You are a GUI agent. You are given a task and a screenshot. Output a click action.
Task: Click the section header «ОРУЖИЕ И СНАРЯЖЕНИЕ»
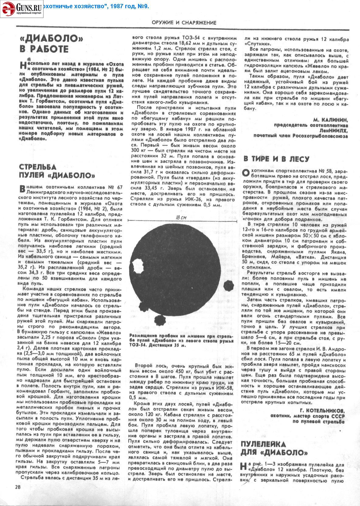184,23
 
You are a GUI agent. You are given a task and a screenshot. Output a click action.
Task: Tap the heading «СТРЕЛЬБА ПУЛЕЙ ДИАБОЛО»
57,171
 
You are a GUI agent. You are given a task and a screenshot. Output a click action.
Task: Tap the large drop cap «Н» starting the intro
22,65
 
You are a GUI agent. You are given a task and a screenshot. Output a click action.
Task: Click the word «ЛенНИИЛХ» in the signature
334,131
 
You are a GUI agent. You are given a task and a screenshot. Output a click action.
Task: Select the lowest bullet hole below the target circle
159,320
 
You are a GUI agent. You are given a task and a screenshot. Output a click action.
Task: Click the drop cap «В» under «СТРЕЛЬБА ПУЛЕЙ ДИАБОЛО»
22,189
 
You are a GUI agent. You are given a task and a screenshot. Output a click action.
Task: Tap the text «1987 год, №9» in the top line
128,6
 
